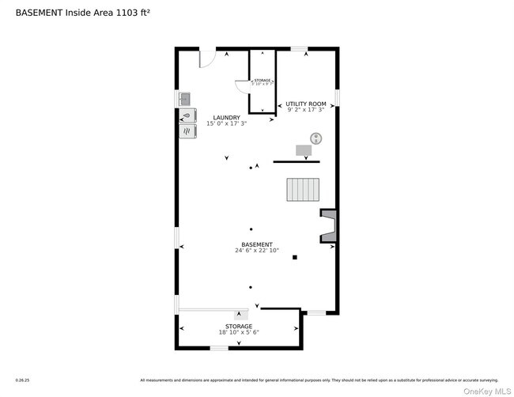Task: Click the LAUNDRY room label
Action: tap(226, 118)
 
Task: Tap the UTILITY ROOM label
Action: tap(305, 104)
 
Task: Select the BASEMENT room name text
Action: tap(256, 244)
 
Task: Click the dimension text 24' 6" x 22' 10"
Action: tap(256, 251)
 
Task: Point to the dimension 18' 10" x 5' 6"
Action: tap(238, 332)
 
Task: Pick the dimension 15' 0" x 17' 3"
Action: tap(226, 124)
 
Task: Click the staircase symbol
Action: tap(302, 190)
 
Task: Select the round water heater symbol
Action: tap(316, 138)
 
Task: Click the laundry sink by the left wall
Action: tap(185, 99)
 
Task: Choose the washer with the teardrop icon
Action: tap(187, 115)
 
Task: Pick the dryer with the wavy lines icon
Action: tap(187, 132)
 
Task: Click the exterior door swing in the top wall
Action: tap(206, 58)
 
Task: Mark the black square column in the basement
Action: tap(294, 257)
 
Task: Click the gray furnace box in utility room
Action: tap(304, 149)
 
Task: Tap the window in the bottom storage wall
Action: tap(219, 348)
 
